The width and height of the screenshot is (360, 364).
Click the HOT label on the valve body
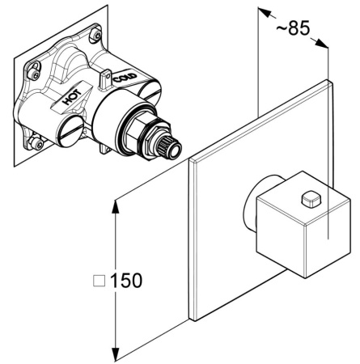(x=72, y=97)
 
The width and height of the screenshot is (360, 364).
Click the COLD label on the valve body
(x=125, y=78)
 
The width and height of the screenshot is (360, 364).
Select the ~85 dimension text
(x=294, y=28)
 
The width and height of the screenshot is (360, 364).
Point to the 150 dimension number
(x=126, y=281)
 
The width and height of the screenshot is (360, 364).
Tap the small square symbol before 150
(x=99, y=281)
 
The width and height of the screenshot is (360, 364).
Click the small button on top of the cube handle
(x=311, y=199)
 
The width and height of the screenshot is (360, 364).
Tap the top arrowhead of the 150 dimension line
(x=116, y=207)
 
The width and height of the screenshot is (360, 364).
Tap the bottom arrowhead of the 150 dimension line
(x=116, y=354)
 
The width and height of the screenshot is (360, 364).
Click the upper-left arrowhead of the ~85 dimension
(x=265, y=12)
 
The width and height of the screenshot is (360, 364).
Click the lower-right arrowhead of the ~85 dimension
(x=321, y=43)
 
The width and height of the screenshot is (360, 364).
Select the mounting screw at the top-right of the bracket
(x=96, y=34)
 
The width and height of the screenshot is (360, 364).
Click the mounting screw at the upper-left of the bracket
(x=34, y=73)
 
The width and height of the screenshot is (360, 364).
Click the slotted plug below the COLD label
(x=149, y=91)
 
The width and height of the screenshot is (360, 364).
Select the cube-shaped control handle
(x=303, y=224)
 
